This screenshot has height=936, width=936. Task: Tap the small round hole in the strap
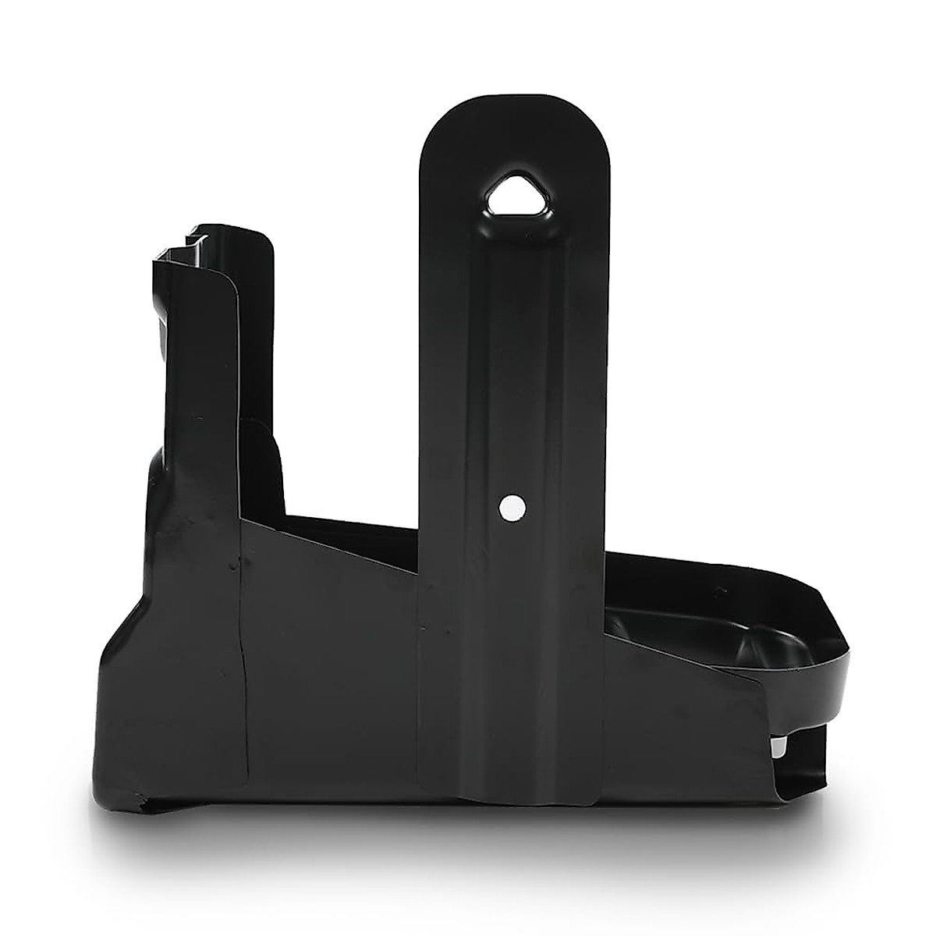(x=511, y=508)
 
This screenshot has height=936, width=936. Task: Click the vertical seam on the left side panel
(x=241, y=663)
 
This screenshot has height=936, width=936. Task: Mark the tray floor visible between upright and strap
(x=351, y=523)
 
